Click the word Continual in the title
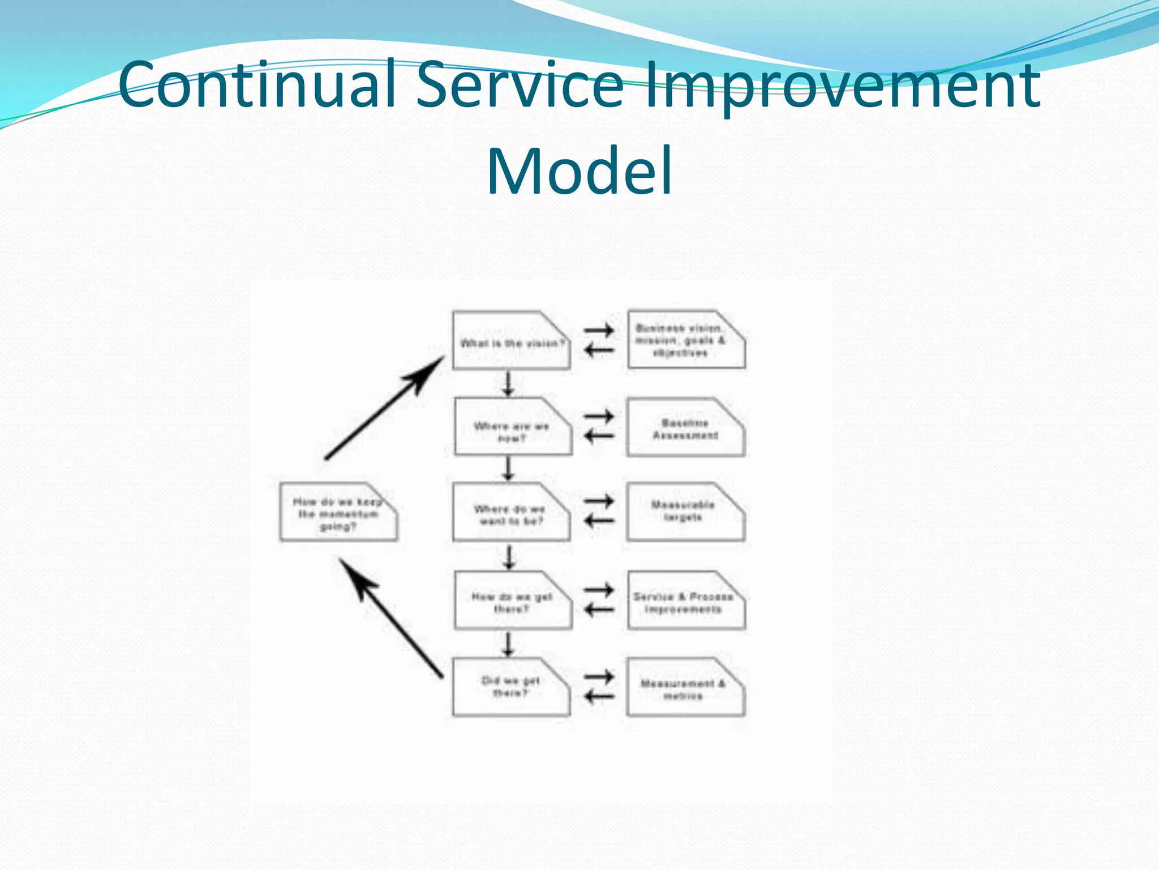257,85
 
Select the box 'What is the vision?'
511,342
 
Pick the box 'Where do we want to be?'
510,513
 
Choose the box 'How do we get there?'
512,601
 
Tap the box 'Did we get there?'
510,687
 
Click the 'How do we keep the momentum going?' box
338,513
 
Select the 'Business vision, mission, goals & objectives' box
685,340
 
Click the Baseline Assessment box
685,428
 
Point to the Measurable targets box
685,512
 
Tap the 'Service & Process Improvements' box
685,601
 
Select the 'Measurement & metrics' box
685,688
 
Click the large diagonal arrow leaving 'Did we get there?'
390,617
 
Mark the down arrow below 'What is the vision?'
508,383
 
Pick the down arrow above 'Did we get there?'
508,644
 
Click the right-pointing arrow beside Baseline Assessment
599,416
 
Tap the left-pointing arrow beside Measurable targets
599,521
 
